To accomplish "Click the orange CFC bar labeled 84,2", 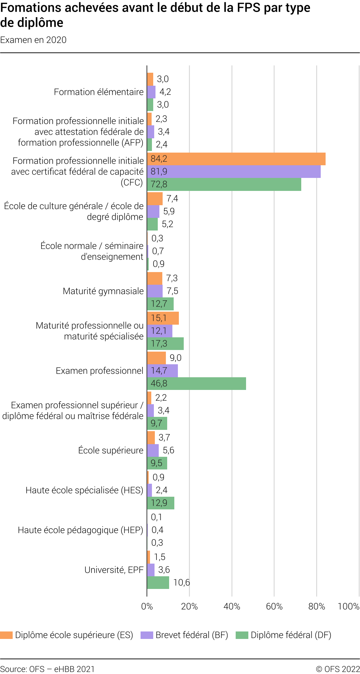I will [x=236, y=159].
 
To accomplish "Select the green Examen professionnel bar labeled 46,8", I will [x=196, y=383].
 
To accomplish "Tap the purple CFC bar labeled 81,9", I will [x=234, y=171].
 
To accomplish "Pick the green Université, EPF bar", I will [x=158, y=582].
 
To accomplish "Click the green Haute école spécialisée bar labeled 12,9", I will [x=161, y=503].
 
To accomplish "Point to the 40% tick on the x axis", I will [x=232, y=606].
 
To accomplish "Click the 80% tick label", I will [x=317, y=606].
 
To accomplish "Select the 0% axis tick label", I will [x=147, y=606].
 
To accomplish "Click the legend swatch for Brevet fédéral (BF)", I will [x=147, y=635].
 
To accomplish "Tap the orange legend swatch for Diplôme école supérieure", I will [x=6, y=635].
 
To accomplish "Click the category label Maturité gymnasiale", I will [x=103, y=291].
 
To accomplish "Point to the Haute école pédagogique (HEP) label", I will [x=81, y=530].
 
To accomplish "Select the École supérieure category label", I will [x=111, y=450].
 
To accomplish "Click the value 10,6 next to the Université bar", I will [x=181, y=582].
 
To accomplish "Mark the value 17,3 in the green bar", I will [x=159, y=343].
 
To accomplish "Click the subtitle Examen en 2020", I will [x=33, y=40].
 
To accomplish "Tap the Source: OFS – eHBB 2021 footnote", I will [x=47, y=669].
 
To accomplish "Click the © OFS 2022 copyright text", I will [x=338, y=669].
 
